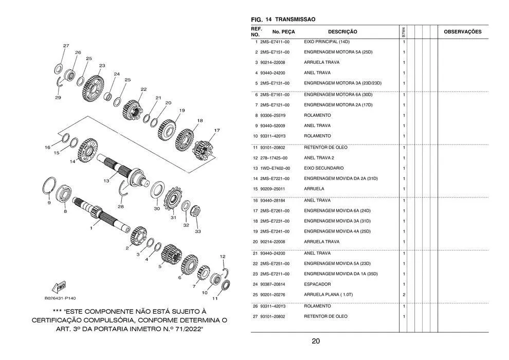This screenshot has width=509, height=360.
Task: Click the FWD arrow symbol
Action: tap(59, 287)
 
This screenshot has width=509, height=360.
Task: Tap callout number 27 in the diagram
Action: tap(66, 46)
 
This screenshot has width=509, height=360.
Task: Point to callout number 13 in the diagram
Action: tap(106, 181)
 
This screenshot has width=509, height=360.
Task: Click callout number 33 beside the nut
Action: tap(198, 232)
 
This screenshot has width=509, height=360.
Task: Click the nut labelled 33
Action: tap(196, 210)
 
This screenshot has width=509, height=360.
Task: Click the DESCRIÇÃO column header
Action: tap(342, 32)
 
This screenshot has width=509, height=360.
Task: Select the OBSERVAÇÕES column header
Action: tap(462, 32)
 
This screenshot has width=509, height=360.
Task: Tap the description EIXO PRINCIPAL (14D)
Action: tap(326, 42)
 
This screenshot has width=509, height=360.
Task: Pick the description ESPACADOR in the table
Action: tap(317, 284)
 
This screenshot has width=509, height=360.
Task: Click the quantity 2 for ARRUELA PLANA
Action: tap(404, 295)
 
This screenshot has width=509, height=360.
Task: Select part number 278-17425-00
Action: tap(274, 158)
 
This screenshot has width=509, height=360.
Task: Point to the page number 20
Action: tap(316, 341)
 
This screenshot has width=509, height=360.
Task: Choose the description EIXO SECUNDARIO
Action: tap(324, 168)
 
